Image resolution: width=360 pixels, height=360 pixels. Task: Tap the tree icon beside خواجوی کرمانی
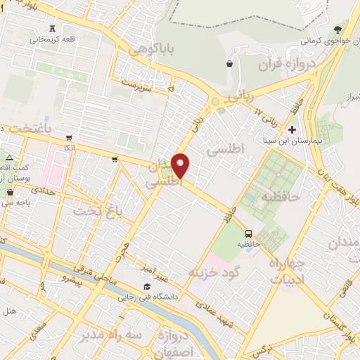tap(338, 30)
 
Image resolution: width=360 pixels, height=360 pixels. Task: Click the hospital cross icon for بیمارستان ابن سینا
tap(292, 129)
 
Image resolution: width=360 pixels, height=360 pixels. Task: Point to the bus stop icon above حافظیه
tap(248, 233)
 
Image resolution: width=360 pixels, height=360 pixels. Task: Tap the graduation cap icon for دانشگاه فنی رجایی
tap(146, 286)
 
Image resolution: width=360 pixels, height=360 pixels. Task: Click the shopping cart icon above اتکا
tap(68, 138)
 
